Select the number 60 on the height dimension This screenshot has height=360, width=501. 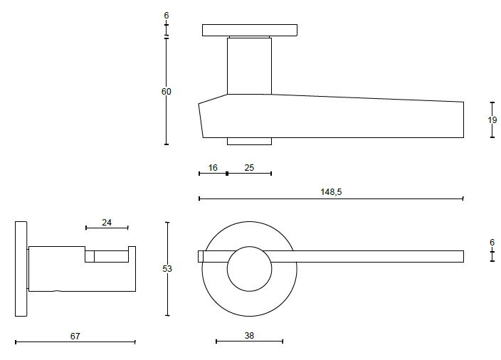click(167, 91)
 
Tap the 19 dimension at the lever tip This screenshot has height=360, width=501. click(492, 120)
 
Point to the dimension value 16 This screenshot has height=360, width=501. click(213, 167)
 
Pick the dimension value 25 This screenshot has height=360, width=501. click(249, 167)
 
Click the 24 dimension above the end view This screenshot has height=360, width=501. click(107, 222)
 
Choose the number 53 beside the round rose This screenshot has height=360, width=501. click(167, 269)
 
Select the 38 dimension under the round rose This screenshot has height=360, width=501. click(249, 335)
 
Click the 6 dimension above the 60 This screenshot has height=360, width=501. click(167, 15)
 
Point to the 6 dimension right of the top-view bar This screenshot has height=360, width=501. click(492, 243)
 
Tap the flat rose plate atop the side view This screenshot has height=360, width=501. click(249, 30)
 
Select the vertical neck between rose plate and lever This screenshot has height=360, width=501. click(249, 65)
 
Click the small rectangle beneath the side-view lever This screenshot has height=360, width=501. click(249, 141)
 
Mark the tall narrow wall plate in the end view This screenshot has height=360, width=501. click(21, 269)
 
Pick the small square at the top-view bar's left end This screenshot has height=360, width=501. click(201, 256)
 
